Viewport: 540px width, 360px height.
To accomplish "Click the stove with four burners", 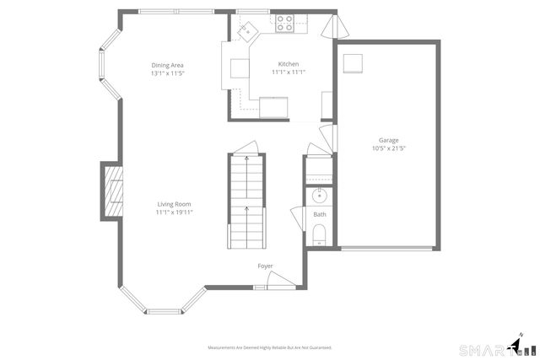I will pos(284,24).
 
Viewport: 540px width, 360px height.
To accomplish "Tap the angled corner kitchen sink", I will pos(246,30).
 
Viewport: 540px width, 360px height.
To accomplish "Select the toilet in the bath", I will pos(320,241).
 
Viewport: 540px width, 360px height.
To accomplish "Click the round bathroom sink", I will pos(320,197).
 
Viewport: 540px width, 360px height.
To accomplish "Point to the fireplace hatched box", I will pos(112,191).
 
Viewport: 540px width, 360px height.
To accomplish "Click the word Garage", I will pos(388,140).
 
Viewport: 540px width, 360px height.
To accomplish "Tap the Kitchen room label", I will pos(289,64).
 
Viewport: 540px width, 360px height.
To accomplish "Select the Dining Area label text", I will pos(167,65).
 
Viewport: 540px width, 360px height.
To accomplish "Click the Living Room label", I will pos(174,204).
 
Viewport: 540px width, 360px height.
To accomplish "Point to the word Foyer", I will pos(265,266).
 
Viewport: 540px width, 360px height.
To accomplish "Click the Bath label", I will pos(320,215).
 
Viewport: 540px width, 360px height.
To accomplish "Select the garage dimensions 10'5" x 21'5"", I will pos(388,148).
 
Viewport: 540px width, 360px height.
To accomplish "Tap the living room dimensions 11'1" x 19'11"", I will pos(174,212).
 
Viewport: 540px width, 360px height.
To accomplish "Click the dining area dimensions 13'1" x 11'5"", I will pos(167,73).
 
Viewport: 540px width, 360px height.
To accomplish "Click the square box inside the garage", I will pos(354,63).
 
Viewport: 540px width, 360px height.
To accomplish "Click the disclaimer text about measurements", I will pos(270,347).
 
